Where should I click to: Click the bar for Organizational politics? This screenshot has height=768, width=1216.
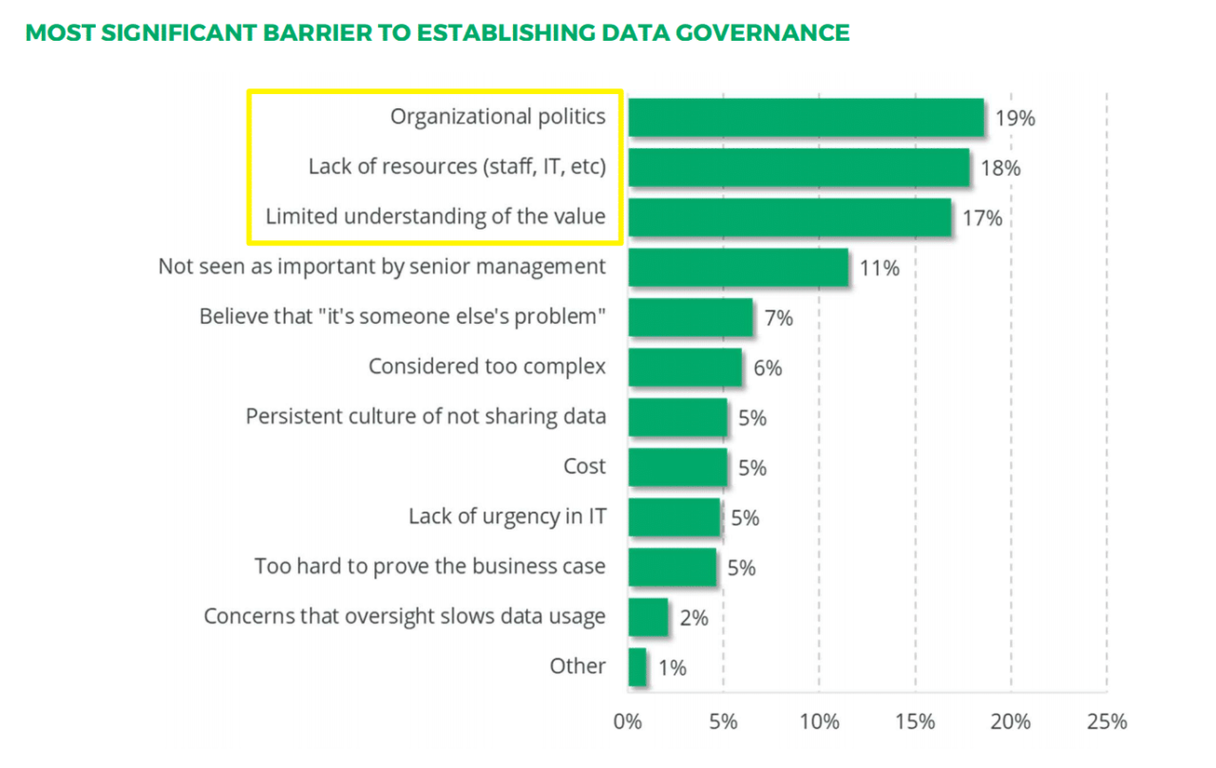pos(806,118)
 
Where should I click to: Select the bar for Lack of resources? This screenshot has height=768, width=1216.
pos(798,167)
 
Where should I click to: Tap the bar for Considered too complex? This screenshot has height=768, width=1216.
pos(684,366)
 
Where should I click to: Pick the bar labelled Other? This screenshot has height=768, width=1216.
pos(637,666)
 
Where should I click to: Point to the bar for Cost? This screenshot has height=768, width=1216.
pos(677,466)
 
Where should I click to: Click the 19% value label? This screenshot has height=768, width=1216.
pos(1015,119)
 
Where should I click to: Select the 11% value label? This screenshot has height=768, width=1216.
pos(879,268)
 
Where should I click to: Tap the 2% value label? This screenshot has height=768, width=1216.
pos(693,618)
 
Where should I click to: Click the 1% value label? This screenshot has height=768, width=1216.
pos(672,668)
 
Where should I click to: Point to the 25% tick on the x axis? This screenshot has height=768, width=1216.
pos(1107,721)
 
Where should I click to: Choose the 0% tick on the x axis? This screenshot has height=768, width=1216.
pos(628,721)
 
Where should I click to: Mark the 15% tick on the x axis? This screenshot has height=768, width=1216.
pos(915,721)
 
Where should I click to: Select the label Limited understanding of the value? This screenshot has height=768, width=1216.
pos(435,216)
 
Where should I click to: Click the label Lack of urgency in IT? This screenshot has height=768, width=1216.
pos(506,516)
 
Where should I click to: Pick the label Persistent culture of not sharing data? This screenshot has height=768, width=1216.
pos(426,416)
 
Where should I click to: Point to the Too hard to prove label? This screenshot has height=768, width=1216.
pos(429,567)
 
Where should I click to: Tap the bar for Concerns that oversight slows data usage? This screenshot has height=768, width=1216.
pos(648,617)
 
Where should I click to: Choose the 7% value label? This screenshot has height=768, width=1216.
pos(778,318)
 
